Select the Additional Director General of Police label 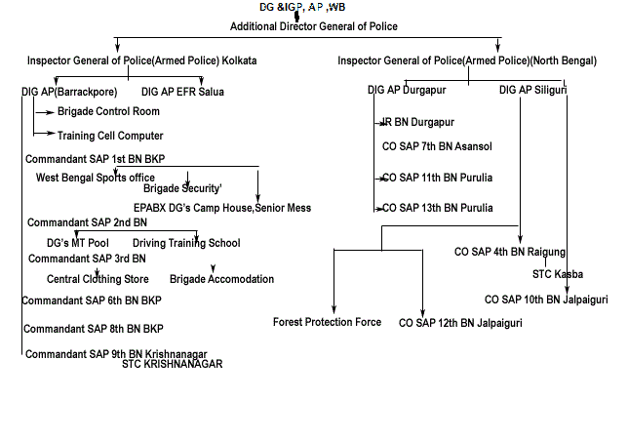coord(313,25)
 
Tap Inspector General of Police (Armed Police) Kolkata coord(141,60)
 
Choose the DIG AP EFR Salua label coord(182,92)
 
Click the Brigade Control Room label coord(108,112)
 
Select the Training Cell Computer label coord(110,136)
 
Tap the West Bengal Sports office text coord(96,177)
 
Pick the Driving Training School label coord(186,243)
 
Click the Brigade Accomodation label coord(221,279)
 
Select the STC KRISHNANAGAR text coord(173,364)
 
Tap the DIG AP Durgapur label coord(404,90)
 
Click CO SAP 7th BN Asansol coord(438,145)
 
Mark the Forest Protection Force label coord(327,322)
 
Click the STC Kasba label coord(558,274)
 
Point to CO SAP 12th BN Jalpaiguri coord(460,322)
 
